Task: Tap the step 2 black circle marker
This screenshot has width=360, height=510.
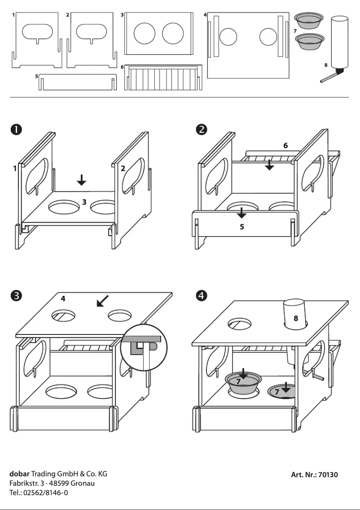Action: pos(202,129)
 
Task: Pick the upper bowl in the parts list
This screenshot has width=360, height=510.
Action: pos(308,20)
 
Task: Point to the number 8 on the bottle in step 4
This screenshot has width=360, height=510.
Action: pos(295,319)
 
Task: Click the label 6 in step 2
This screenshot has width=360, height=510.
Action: pos(285,145)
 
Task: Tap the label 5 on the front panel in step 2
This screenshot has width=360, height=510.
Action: pos(241,227)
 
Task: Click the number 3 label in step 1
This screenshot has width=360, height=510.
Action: pos(84,202)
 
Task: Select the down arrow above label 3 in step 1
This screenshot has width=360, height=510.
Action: pos(81,180)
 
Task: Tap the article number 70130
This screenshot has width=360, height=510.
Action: pos(327,475)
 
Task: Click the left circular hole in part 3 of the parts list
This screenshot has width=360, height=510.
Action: pos(145,34)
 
